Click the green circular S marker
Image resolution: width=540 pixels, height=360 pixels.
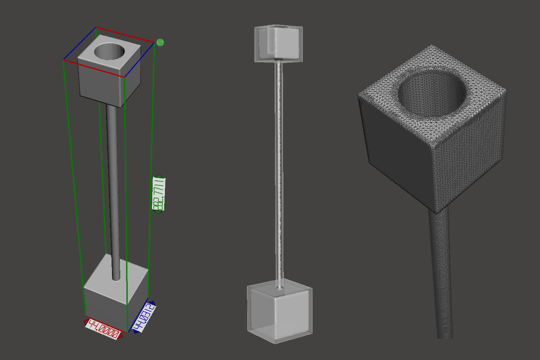click(161, 42)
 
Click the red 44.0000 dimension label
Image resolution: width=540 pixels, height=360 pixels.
click(103, 329)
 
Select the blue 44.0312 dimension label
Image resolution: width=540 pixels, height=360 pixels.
click(144, 317)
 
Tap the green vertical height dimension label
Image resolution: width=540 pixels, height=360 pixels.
click(159, 194)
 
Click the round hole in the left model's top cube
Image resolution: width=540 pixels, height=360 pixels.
click(109, 52)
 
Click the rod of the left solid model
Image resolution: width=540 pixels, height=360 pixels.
click(112, 180)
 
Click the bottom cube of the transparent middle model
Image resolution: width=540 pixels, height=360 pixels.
click(280, 311)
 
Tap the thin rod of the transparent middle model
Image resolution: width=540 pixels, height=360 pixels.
click(279, 173)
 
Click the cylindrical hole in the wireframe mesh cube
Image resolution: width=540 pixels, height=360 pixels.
click(432, 94)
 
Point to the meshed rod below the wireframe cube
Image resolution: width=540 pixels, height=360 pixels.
click(440, 274)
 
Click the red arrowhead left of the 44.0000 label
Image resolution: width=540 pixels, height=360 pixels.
click(86, 321)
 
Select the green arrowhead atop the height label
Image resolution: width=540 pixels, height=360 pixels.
click(158, 176)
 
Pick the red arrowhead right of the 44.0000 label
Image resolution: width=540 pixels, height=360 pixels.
click(121, 336)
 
